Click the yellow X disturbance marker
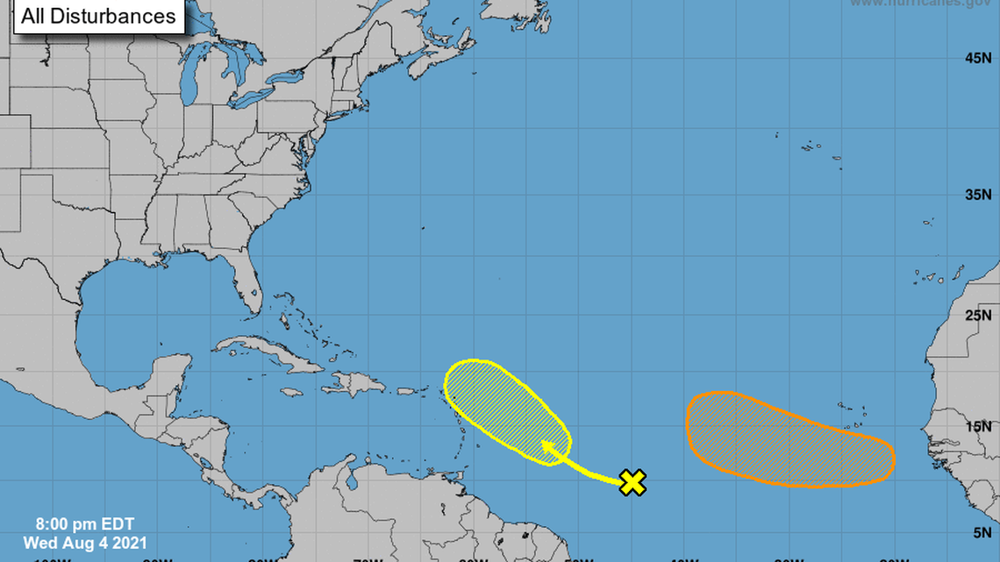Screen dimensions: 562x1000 click(632, 482)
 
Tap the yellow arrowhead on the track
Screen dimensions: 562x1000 click(546, 446)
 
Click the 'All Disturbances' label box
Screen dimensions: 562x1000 click(98, 16)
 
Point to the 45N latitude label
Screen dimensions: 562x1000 click(977, 58)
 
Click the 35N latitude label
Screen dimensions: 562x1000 click(977, 194)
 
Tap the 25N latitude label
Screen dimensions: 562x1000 click(977, 315)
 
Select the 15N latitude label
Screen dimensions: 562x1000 click(977, 426)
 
